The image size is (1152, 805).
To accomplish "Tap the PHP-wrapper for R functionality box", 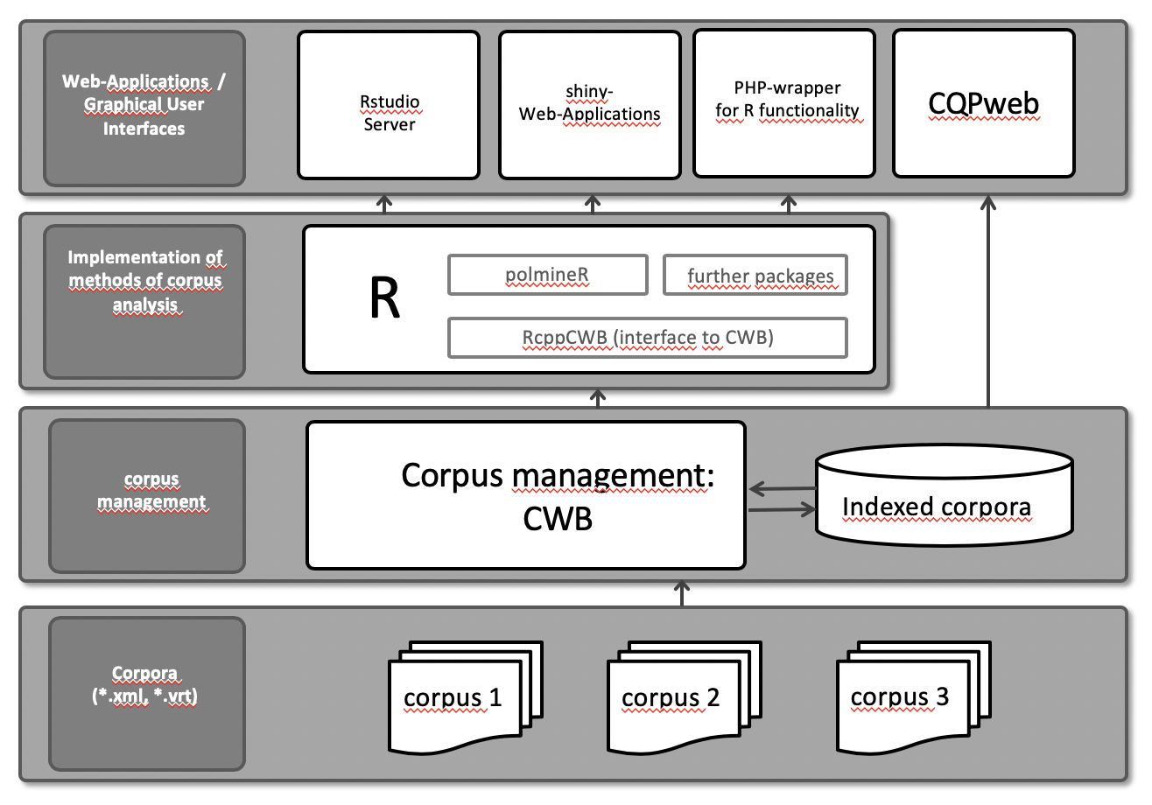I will coord(783,103).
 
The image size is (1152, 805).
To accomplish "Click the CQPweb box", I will coord(983,103).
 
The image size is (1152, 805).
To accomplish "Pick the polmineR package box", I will coord(547,275).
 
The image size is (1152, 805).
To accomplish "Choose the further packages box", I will coord(755,275).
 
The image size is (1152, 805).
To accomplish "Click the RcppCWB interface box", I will coord(647,338).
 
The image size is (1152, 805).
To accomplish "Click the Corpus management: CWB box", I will coord(525,494).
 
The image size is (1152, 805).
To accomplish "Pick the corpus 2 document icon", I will coord(671,699).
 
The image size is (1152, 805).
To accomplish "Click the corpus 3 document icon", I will coord(899,697).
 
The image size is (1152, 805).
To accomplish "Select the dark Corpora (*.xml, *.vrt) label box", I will coord(146,693).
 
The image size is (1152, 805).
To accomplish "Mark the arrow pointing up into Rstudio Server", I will coord(383,204).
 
